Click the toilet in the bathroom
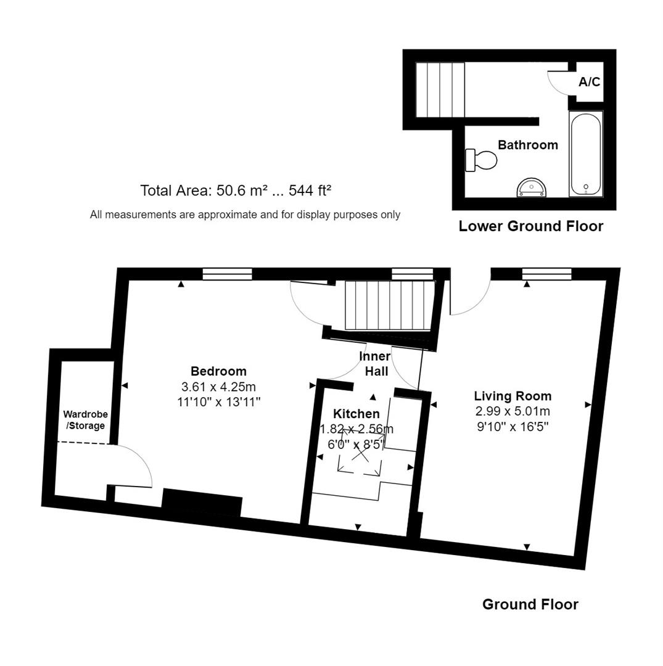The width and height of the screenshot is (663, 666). tap(481, 160)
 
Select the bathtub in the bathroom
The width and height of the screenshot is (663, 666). tap(586, 154)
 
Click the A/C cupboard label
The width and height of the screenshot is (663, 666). tap(589, 81)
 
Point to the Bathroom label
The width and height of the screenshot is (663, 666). tap(527, 145)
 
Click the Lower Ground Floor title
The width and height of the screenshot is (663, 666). tap(530, 226)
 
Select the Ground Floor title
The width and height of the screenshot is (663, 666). tap(530, 604)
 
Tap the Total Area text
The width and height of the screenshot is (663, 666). tap(236, 191)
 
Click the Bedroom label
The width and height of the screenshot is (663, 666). tap(218, 371)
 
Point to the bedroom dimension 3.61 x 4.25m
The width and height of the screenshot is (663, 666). tap(218, 387)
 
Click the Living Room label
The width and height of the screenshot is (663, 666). tap(513, 396)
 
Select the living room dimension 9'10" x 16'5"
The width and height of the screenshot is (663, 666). tap(512, 425)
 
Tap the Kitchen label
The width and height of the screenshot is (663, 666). tap(356, 414)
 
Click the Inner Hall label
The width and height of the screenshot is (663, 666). tap(376, 364)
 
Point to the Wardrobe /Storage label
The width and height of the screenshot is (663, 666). tap(86, 420)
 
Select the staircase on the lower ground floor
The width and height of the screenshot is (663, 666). tap(439, 89)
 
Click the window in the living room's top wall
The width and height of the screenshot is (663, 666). tap(546, 274)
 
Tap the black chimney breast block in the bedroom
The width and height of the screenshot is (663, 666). tap(202, 503)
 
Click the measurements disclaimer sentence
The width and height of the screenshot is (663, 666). tap(245, 215)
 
